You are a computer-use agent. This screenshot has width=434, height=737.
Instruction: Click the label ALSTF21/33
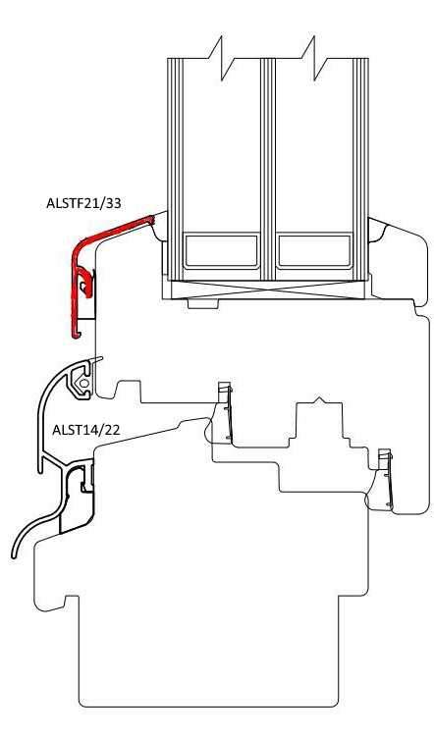click(83, 203)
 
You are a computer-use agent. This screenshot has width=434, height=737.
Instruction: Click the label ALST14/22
click(85, 430)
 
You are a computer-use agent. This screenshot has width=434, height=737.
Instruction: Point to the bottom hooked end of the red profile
click(76, 334)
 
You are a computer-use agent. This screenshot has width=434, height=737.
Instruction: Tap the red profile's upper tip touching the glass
click(152, 219)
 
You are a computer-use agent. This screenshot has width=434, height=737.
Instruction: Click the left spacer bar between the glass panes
click(221, 251)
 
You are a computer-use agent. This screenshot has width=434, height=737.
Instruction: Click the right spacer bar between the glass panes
click(314, 251)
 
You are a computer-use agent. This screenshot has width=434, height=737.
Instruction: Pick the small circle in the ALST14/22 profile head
click(83, 384)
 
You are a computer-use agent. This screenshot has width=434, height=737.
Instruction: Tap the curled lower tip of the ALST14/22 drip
click(14, 554)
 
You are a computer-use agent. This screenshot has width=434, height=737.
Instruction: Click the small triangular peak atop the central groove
click(319, 400)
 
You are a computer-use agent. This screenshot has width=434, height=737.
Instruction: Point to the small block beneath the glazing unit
click(202, 303)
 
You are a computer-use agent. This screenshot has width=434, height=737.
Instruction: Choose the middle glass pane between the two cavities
click(267, 169)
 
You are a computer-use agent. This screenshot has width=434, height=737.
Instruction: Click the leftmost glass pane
click(175, 169)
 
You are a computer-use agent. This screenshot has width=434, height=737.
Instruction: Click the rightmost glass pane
click(360, 169)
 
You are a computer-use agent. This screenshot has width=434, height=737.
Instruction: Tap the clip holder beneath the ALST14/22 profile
click(77, 498)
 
